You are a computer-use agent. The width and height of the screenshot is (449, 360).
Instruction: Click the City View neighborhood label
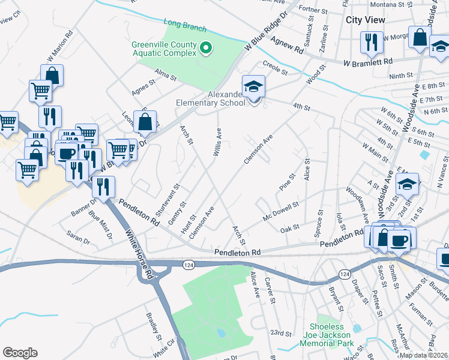point(366,20)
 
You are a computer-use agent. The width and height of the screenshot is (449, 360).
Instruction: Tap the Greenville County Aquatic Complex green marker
point(205,48)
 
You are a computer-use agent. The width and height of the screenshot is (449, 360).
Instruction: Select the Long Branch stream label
point(185,26)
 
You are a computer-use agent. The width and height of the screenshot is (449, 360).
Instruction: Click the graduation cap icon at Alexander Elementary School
point(253,86)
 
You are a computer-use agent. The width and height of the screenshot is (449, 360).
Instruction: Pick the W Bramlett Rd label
point(367,62)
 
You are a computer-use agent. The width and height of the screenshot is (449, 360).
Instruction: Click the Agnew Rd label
point(288,45)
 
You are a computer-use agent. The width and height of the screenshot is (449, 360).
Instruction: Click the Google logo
point(20,353)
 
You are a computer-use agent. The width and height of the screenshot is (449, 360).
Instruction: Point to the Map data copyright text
point(424,355)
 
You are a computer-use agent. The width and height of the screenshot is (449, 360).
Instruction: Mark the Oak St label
point(289,228)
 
